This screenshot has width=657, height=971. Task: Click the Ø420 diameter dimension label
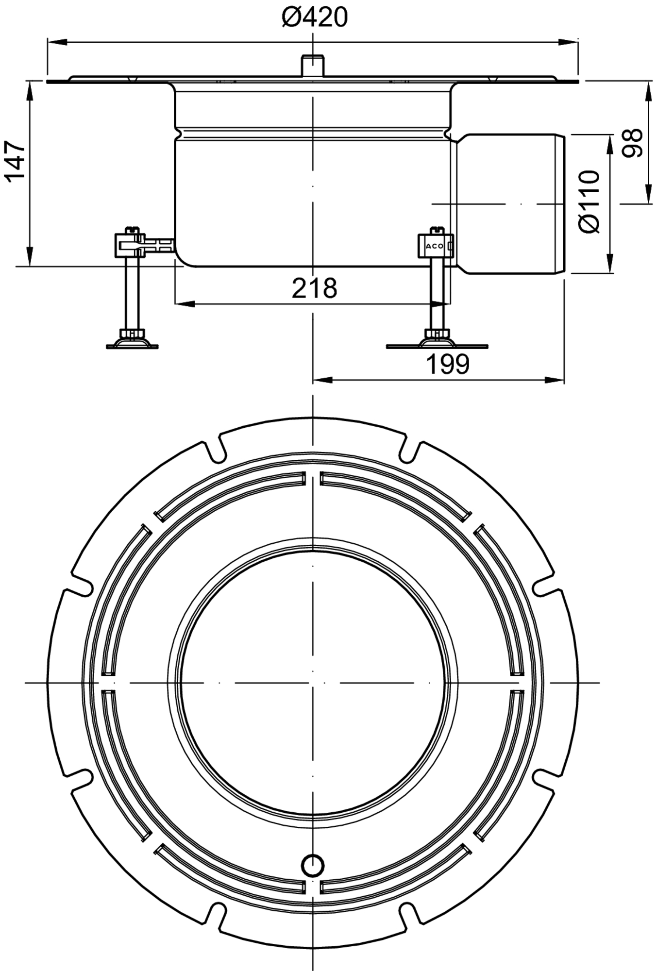(315, 18)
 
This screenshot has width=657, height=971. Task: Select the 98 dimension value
(632, 143)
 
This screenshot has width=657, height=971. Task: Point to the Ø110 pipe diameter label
(590, 201)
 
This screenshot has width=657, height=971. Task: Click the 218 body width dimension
(314, 288)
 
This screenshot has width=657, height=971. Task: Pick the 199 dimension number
(447, 364)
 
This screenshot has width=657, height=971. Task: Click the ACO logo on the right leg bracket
(435, 246)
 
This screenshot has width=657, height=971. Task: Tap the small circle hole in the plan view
(313, 865)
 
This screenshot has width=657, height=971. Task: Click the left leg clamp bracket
(130, 245)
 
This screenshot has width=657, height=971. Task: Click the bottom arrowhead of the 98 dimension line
(648, 194)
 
